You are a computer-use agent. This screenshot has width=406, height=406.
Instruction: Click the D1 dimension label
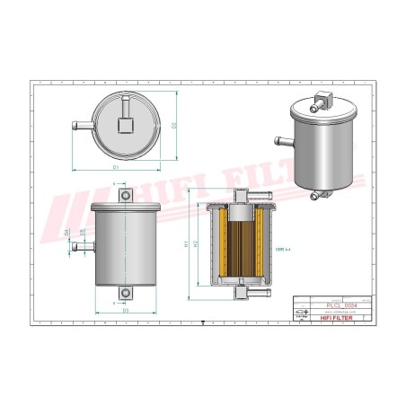[116, 167]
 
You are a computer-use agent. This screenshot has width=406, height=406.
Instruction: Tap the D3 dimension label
[126, 310]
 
